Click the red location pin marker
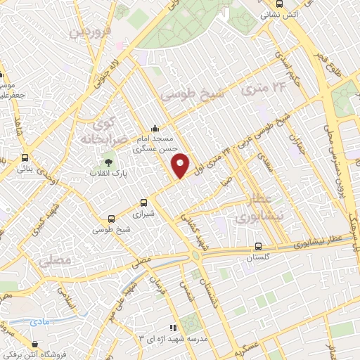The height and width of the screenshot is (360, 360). tap(181, 165)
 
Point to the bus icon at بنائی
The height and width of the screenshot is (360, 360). tap(25, 157)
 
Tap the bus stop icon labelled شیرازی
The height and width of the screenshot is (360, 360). tap(144, 201)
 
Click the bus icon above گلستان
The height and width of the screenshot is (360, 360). tap(259, 246)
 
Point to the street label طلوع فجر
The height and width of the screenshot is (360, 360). tap(321, 60)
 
